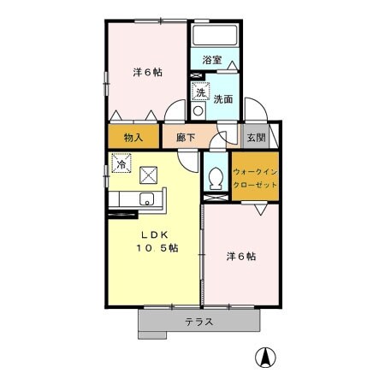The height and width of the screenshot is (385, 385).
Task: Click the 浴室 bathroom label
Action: pyautogui.click(x=212, y=60)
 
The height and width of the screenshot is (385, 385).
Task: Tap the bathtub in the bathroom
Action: pyautogui.click(x=215, y=35)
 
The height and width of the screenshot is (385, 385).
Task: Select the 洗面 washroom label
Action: pyautogui.click(x=223, y=99)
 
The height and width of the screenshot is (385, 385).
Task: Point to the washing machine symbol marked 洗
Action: pyautogui.click(x=200, y=92)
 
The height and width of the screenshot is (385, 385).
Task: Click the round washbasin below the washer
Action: pyautogui.click(x=198, y=110)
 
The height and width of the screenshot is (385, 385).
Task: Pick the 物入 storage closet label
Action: pyautogui.click(x=133, y=138)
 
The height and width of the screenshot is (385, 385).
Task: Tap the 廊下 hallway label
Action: pyautogui.click(x=186, y=138)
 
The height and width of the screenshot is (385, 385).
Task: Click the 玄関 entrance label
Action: pyautogui.click(x=256, y=138)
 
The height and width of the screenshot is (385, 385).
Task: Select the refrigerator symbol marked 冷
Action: pyautogui.click(x=121, y=163)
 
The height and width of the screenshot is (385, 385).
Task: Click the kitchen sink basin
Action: pyautogui.click(x=146, y=198)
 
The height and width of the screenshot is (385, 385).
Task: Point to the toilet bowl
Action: pyautogui.click(x=216, y=178)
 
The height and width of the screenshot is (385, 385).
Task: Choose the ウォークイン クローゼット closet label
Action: pyautogui.click(x=255, y=178)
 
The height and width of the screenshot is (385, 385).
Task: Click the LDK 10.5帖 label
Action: pyautogui.click(x=157, y=241)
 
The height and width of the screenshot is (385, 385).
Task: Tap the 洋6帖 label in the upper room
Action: pyautogui.click(x=147, y=73)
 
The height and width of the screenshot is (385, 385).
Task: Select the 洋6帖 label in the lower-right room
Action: pyautogui.click(x=241, y=257)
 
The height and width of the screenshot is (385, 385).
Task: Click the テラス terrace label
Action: pyautogui.click(x=199, y=322)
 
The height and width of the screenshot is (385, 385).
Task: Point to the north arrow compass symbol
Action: pyautogui.click(x=265, y=358)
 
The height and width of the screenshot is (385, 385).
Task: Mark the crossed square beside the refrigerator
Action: pyautogui.click(x=148, y=175)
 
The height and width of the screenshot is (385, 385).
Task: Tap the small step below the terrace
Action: pyautogui.click(x=152, y=335)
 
